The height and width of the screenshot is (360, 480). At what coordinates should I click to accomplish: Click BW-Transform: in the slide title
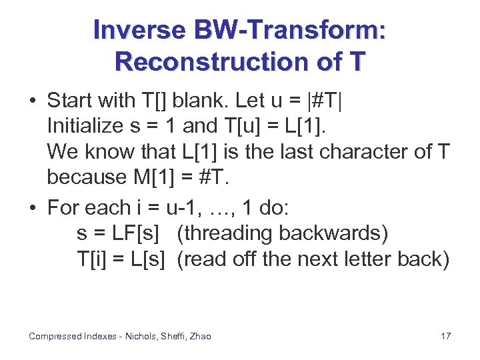click(290, 30)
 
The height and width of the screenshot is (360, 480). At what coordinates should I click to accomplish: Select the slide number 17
click(445, 336)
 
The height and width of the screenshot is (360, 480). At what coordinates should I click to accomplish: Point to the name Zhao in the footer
click(199, 336)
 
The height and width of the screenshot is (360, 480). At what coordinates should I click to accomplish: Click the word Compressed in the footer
click(55, 336)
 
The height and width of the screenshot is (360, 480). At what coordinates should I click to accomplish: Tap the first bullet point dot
click(32, 101)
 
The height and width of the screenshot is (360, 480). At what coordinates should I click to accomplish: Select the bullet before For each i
click(32, 209)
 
